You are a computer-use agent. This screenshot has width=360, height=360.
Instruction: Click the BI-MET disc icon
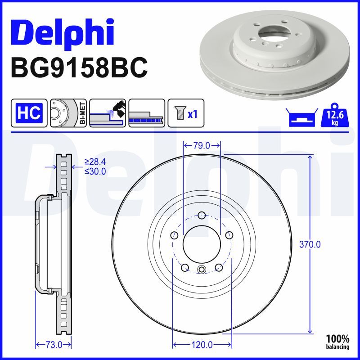pyautogui.click(x=68, y=113)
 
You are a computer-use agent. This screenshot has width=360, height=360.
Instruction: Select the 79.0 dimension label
pyautogui.click(x=202, y=145)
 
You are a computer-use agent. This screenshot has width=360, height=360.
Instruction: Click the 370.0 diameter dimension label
pyautogui.click(x=310, y=245)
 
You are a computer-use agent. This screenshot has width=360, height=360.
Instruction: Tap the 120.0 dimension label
pyautogui.click(x=202, y=345)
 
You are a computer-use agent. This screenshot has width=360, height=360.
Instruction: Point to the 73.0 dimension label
pyautogui.click(x=54, y=345)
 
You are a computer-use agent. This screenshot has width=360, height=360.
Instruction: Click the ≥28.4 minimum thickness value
pyautogui.click(x=95, y=162)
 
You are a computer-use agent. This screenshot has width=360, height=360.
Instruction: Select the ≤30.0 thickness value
pyautogui.click(x=95, y=171)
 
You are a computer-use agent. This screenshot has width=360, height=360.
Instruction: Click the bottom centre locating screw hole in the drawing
pyautogui.click(x=202, y=270)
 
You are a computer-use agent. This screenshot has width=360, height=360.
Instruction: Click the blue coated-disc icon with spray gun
pyautogui.click(x=107, y=113)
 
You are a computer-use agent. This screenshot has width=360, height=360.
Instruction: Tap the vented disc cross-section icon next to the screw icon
pyautogui.click(x=146, y=113)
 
